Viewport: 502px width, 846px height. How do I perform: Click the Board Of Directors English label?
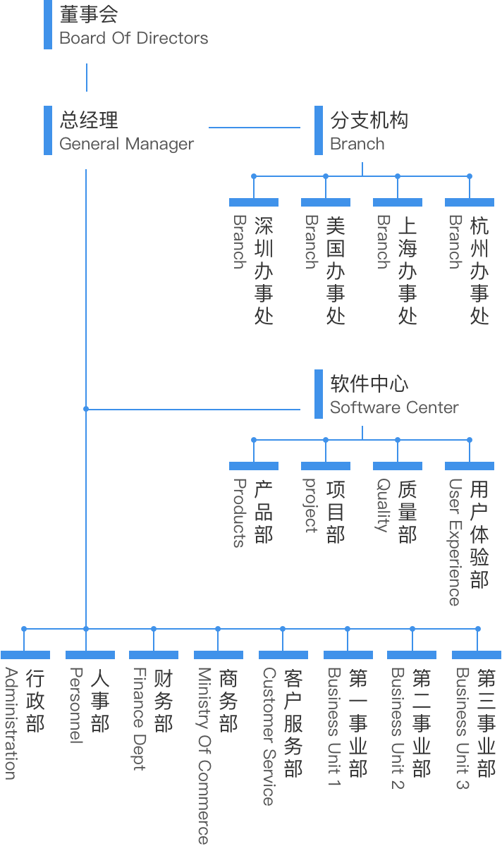click(x=134, y=38)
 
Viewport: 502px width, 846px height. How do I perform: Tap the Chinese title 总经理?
click(x=89, y=120)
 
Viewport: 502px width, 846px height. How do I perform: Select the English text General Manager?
click(x=126, y=144)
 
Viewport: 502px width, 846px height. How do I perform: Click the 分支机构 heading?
click(x=369, y=120)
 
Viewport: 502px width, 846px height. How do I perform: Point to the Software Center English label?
click(x=394, y=407)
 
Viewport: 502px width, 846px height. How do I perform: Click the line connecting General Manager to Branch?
click(x=255, y=128)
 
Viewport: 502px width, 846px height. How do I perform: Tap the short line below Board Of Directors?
click(x=87, y=78)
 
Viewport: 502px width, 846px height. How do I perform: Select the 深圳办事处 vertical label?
click(x=264, y=271)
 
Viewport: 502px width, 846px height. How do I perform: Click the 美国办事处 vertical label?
click(x=336, y=271)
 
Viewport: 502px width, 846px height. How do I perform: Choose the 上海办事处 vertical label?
click(x=408, y=271)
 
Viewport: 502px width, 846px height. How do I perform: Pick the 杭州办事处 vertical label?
click(x=479, y=271)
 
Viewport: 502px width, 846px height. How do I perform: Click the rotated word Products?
click(x=240, y=513)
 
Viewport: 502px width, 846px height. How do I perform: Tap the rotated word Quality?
click(x=384, y=505)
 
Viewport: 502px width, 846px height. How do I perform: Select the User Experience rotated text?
click(x=455, y=542)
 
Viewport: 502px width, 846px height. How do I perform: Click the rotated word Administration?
click(x=11, y=723)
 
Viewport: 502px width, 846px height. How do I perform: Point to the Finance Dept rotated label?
click(x=140, y=719)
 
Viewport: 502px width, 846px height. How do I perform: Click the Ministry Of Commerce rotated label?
click(x=204, y=756)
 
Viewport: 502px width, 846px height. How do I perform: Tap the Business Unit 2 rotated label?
click(x=398, y=728)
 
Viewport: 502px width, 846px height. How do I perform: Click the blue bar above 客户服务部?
click(x=283, y=655)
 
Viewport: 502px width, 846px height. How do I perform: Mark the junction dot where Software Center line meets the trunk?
click(x=86, y=409)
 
